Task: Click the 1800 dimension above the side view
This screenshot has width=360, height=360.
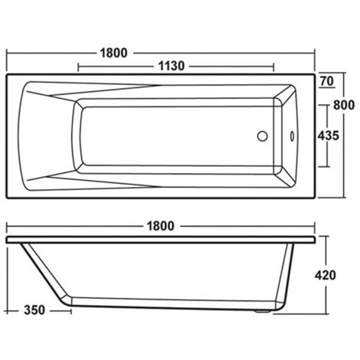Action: pyautogui.click(x=159, y=227)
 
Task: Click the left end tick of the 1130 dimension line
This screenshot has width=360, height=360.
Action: pyautogui.click(x=77, y=67)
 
